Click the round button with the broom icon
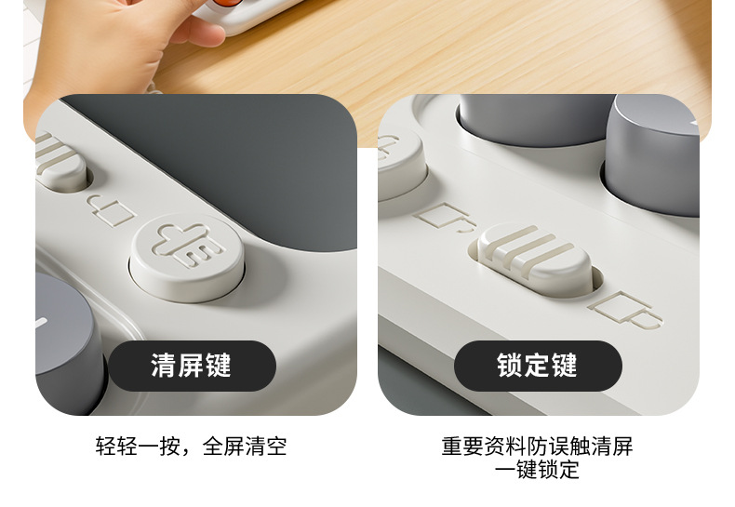tap(187, 247)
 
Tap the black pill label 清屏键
tap(192, 366)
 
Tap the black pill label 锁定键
tap(538, 366)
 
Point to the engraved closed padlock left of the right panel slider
tap(445, 218)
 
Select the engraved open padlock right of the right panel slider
tap(629, 309)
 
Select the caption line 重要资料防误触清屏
tap(537, 446)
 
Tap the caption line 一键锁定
tap(537, 470)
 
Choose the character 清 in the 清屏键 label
tap(163, 366)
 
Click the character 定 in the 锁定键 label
tap(538, 366)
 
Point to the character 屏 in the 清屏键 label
tap(192, 366)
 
